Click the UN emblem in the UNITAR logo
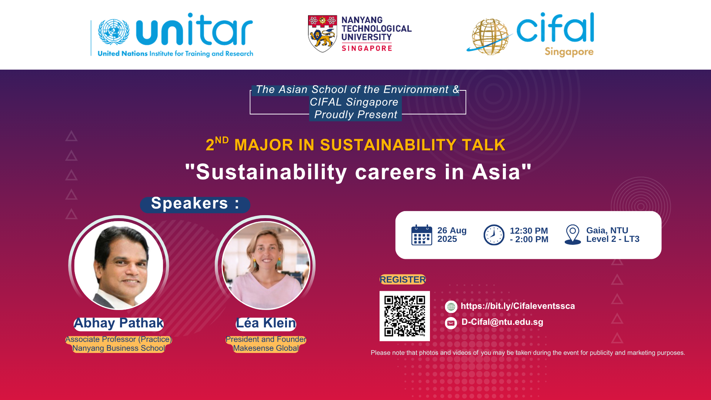[114, 32]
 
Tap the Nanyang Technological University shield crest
[323, 34]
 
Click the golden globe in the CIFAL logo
[490, 37]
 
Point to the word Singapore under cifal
[569, 52]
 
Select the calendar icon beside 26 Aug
[422, 235]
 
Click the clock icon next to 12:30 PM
[494, 235]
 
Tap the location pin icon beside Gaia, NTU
[573, 234]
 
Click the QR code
[405, 316]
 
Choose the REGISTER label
[403, 280]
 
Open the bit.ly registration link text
[518, 306]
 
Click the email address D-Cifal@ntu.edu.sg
[502, 322]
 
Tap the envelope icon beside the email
[451, 323]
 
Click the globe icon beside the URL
[451, 307]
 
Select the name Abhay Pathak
[118, 323]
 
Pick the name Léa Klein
[266, 323]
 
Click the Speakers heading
[195, 203]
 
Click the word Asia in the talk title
[496, 172]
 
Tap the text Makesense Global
[266, 348]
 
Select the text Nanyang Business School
[118, 348]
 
